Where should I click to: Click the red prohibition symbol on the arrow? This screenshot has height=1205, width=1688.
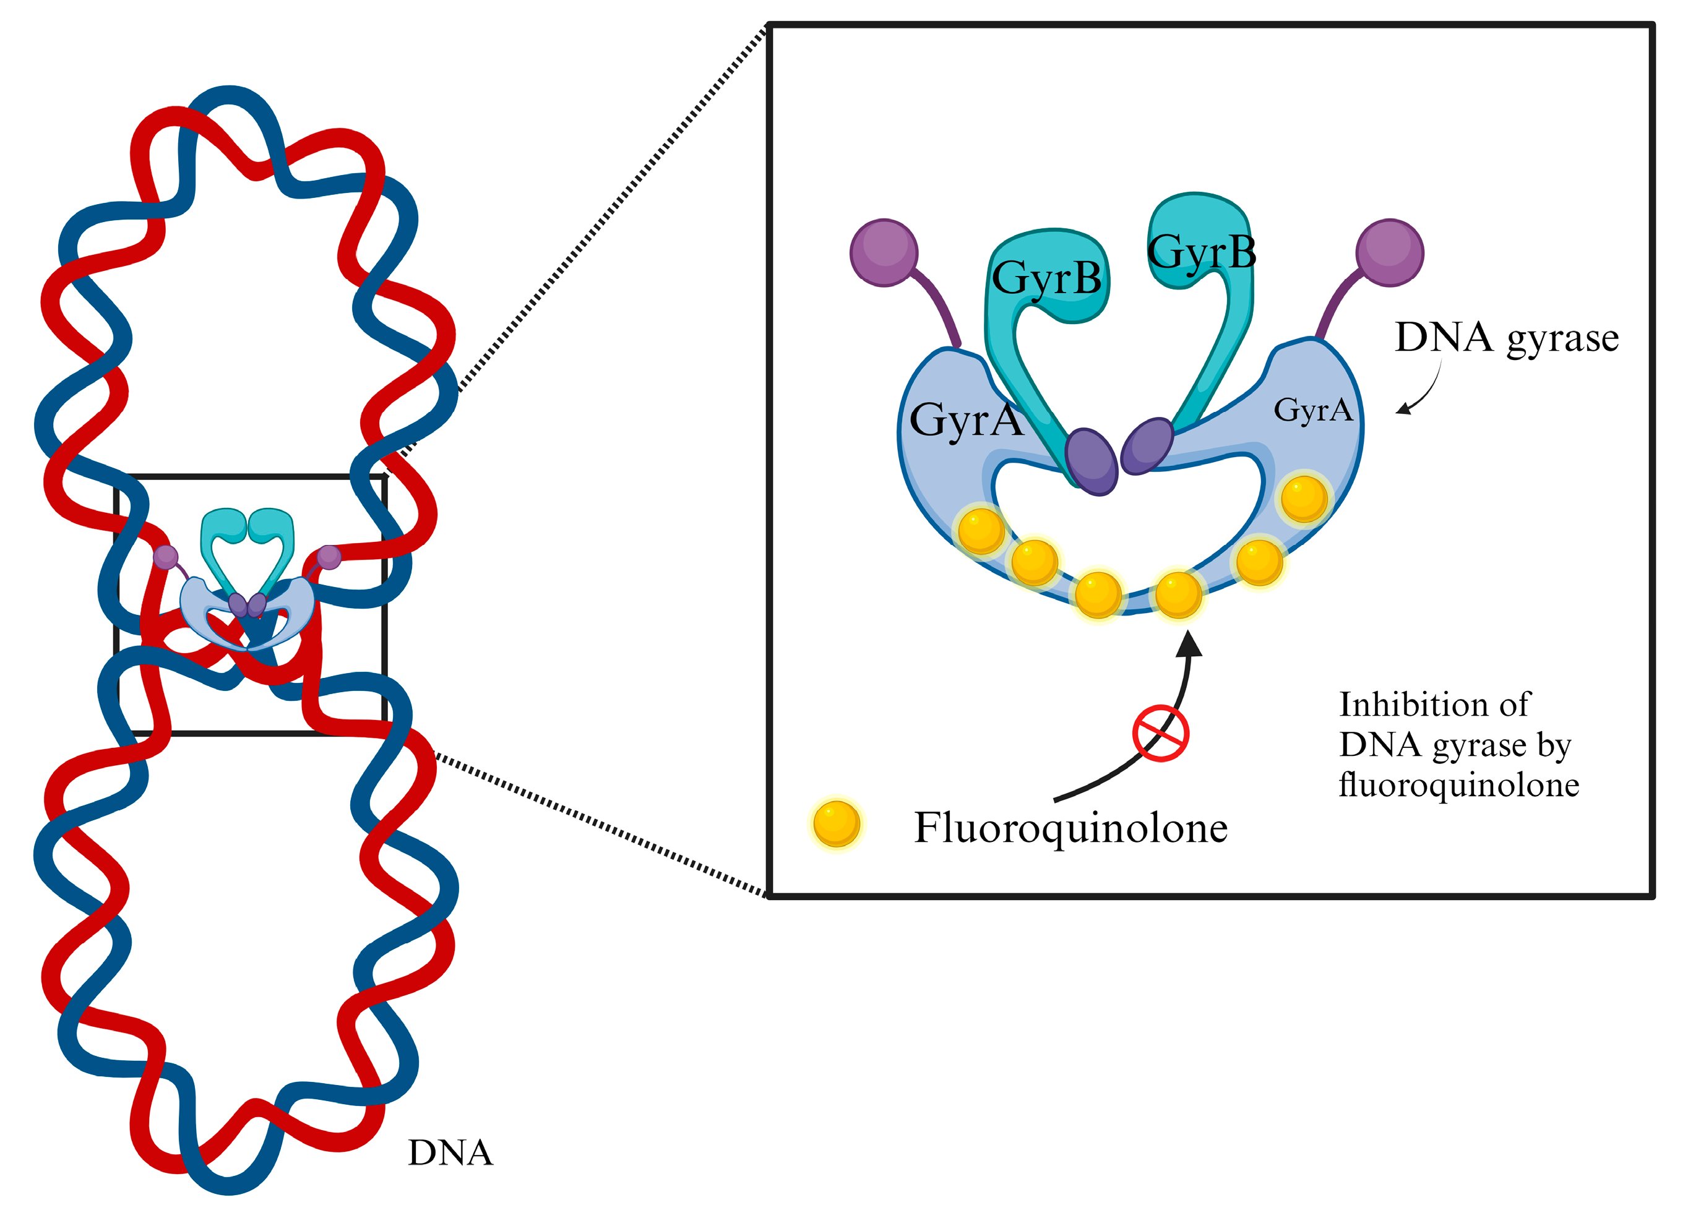tap(1160, 734)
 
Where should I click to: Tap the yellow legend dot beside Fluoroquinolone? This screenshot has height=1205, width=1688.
tap(837, 823)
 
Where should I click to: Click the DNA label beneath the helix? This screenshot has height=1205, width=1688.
tap(450, 1153)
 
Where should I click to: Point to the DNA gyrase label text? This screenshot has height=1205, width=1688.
tap(1506, 338)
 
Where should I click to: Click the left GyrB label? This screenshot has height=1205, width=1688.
tap(1047, 278)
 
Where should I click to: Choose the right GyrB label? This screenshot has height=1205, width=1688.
tap(1202, 252)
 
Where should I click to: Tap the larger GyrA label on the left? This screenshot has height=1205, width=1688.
tap(966, 420)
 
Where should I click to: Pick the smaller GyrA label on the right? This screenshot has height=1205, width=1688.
tap(1312, 410)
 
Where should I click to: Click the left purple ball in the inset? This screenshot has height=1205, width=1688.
tap(884, 252)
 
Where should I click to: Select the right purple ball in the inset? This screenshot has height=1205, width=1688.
tap(1390, 252)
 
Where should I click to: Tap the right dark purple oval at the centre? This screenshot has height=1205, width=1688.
tap(1147, 445)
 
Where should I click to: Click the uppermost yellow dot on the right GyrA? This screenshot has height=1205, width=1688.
tap(1304, 499)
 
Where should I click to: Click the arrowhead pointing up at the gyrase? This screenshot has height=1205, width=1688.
tap(1190, 643)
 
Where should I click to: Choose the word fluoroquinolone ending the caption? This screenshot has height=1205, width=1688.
tap(1458, 785)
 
